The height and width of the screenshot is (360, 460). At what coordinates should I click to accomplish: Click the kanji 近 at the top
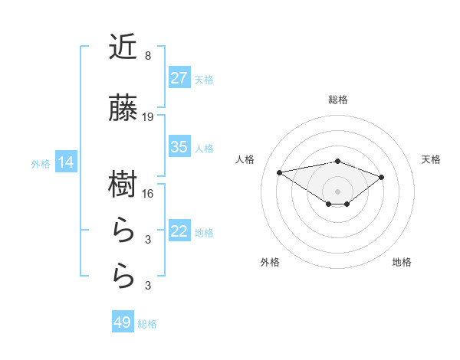[123, 47]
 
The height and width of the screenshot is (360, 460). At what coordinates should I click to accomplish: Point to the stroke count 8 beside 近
[147, 56]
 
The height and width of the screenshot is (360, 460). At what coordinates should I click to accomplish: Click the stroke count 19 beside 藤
[148, 117]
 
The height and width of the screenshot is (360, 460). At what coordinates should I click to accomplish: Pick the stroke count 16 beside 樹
[148, 194]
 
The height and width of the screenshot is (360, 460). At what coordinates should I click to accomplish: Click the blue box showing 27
[179, 78]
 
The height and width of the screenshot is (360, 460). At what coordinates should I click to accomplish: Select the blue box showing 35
[179, 147]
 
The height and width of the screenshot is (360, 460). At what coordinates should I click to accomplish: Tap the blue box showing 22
[179, 231]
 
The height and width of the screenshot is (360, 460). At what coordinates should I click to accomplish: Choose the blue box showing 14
[66, 162]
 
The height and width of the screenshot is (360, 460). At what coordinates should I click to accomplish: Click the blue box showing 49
[122, 322]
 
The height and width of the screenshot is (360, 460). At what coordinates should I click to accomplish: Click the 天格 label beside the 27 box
[204, 79]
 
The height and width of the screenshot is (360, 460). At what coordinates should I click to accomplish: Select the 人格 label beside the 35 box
[204, 148]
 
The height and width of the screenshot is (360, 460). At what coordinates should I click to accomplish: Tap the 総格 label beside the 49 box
[147, 324]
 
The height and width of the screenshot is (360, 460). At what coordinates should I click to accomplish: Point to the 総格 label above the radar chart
[338, 100]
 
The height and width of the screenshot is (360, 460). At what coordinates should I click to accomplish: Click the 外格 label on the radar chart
[270, 262]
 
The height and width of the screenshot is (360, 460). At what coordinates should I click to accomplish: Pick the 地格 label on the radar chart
[402, 262]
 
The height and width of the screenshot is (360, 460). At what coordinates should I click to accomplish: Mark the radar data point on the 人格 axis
[280, 172]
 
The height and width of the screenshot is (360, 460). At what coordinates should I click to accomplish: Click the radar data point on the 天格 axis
[381, 177]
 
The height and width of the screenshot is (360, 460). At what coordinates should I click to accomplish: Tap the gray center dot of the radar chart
[337, 191]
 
